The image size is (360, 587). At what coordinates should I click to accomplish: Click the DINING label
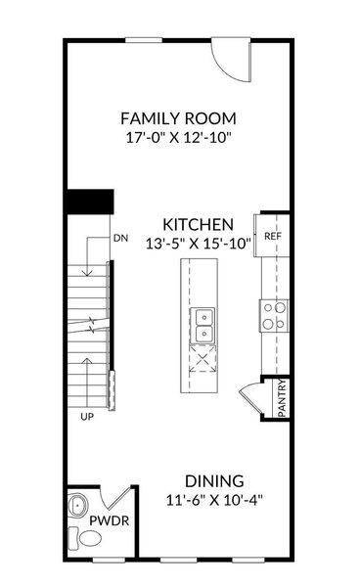(214, 480)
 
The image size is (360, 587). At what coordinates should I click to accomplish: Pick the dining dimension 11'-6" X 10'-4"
(214, 500)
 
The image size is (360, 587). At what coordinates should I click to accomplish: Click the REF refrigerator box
(272, 236)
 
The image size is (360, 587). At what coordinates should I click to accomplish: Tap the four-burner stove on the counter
(274, 314)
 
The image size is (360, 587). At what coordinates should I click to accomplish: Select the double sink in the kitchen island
(204, 326)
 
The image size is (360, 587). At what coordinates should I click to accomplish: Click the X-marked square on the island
(204, 363)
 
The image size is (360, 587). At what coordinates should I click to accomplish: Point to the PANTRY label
(282, 398)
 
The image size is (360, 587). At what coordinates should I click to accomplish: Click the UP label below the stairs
(87, 416)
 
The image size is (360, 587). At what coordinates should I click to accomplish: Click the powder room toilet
(77, 539)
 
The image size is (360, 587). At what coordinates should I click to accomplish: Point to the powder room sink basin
(77, 506)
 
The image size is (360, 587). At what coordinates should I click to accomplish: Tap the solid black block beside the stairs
(89, 201)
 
